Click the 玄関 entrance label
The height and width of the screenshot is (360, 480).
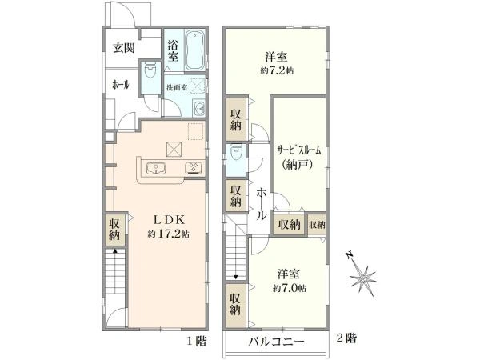tap(124, 48)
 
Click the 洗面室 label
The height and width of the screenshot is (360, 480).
tap(177, 87)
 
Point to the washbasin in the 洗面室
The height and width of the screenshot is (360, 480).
tap(199, 108)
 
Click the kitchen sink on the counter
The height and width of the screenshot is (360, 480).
tap(156, 168)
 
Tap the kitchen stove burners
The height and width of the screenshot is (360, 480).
tap(193, 168)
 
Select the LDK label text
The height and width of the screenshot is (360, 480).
tap(168, 219)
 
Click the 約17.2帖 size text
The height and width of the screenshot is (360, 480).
tap(168, 234)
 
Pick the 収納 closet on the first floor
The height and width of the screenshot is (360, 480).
tap(115, 229)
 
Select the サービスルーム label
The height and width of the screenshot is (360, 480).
tap(299, 150)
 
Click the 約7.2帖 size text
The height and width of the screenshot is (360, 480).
tap(277, 70)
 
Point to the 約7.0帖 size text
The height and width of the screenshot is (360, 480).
tap(290, 288)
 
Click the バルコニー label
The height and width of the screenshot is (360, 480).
tap(277, 341)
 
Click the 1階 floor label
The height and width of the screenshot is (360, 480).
tap(197, 341)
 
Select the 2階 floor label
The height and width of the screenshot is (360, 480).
tap(346, 338)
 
